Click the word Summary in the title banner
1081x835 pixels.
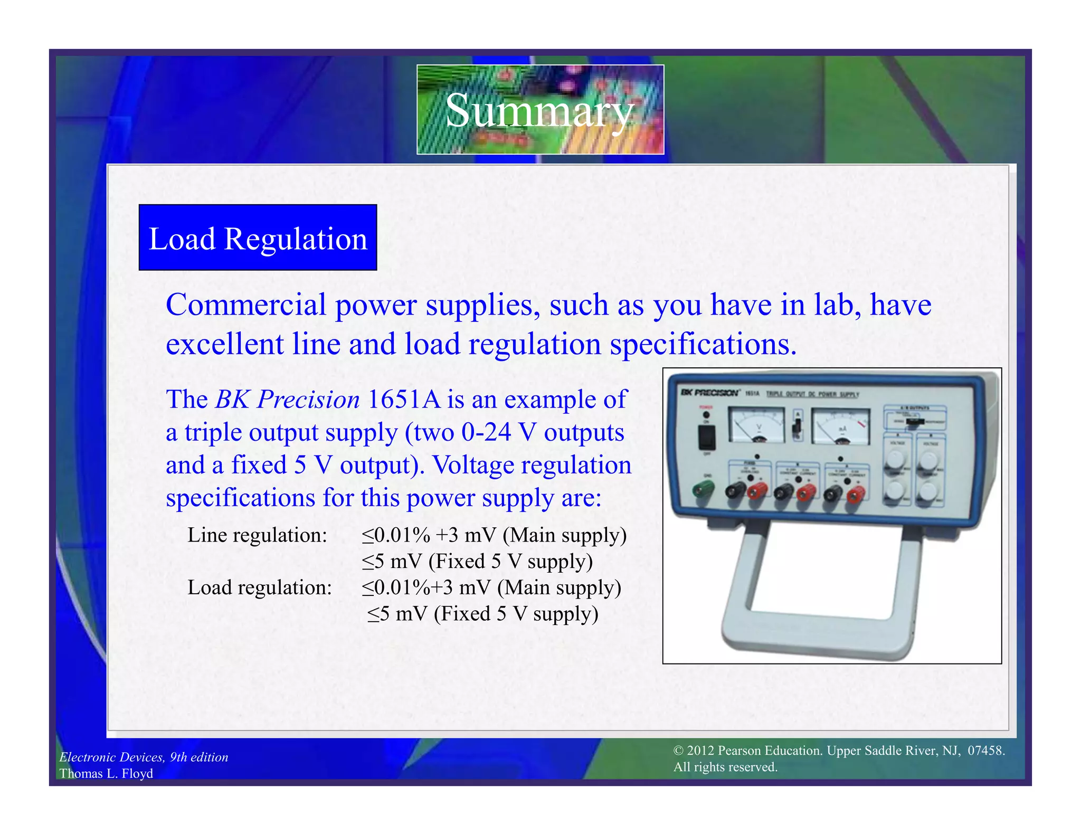click(x=539, y=110)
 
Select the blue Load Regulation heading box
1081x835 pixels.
click(x=258, y=238)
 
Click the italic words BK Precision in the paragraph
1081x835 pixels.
click(x=288, y=399)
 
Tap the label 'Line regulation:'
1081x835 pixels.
click(x=258, y=535)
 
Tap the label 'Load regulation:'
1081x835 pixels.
click(x=260, y=587)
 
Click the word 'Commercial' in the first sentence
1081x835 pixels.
click(x=246, y=305)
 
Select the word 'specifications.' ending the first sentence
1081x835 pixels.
click(x=703, y=344)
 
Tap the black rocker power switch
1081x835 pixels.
click(x=707, y=437)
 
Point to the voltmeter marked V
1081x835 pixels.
click(x=756, y=425)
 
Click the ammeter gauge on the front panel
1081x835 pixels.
click(x=840, y=427)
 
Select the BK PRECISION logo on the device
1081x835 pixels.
click(x=709, y=393)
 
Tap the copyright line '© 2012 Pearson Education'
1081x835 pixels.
click(x=747, y=751)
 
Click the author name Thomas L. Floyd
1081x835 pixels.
click(x=106, y=773)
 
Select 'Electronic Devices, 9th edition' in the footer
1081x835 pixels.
click(x=144, y=757)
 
